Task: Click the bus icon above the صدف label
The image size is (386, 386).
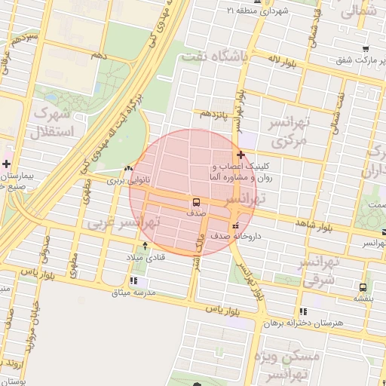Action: tap(196, 202)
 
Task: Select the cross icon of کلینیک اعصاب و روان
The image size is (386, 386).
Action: tap(240, 155)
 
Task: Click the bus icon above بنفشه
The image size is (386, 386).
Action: tap(363, 286)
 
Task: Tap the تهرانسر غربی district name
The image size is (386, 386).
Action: tap(124, 224)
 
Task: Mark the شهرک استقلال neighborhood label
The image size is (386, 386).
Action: tap(51, 124)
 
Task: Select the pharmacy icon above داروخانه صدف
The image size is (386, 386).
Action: tap(236, 225)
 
